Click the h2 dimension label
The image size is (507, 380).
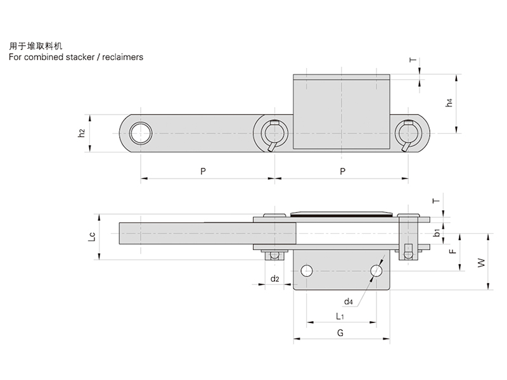(x=81, y=133)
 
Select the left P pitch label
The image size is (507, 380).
(x=203, y=171)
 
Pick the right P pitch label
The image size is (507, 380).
(x=342, y=171)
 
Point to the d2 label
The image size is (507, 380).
(x=274, y=279)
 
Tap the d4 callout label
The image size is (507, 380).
(x=348, y=301)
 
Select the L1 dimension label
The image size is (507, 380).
(x=340, y=315)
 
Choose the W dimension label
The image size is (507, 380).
(x=480, y=261)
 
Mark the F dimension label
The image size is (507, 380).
(x=451, y=251)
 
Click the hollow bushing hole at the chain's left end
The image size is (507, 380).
(x=140, y=133)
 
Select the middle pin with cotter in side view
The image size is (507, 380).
(x=274, y=134)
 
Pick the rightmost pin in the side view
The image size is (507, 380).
(x=406, y=134)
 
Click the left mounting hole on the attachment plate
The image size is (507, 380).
(x=307, y=271)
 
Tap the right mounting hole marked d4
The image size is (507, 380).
(x=376, y=271)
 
